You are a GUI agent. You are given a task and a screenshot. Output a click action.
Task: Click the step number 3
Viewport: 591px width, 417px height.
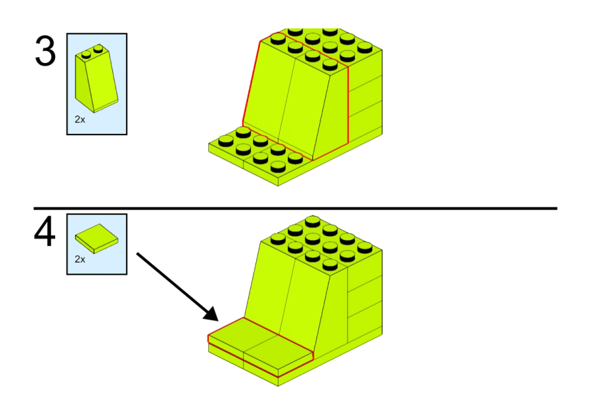tap(45, 52)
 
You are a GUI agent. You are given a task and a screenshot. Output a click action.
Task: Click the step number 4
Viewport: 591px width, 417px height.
tap(45, 233)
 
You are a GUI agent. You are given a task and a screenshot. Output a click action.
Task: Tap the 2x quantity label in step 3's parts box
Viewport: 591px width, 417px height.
tap(79, 120)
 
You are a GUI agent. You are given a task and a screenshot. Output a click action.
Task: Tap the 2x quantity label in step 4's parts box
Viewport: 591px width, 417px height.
tap(79, 259)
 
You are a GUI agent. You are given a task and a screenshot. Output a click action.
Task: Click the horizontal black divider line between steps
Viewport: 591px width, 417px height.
tap(295, 208)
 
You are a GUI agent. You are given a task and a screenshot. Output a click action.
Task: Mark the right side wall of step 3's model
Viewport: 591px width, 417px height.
tap(364, 98)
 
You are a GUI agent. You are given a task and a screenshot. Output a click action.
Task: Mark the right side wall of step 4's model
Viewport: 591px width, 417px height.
tap(364, 288)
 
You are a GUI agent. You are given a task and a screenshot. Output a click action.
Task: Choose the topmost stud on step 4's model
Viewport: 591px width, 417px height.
tap(312, 220)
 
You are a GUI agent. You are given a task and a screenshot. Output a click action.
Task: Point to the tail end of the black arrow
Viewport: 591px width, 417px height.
tap(137, 252)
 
